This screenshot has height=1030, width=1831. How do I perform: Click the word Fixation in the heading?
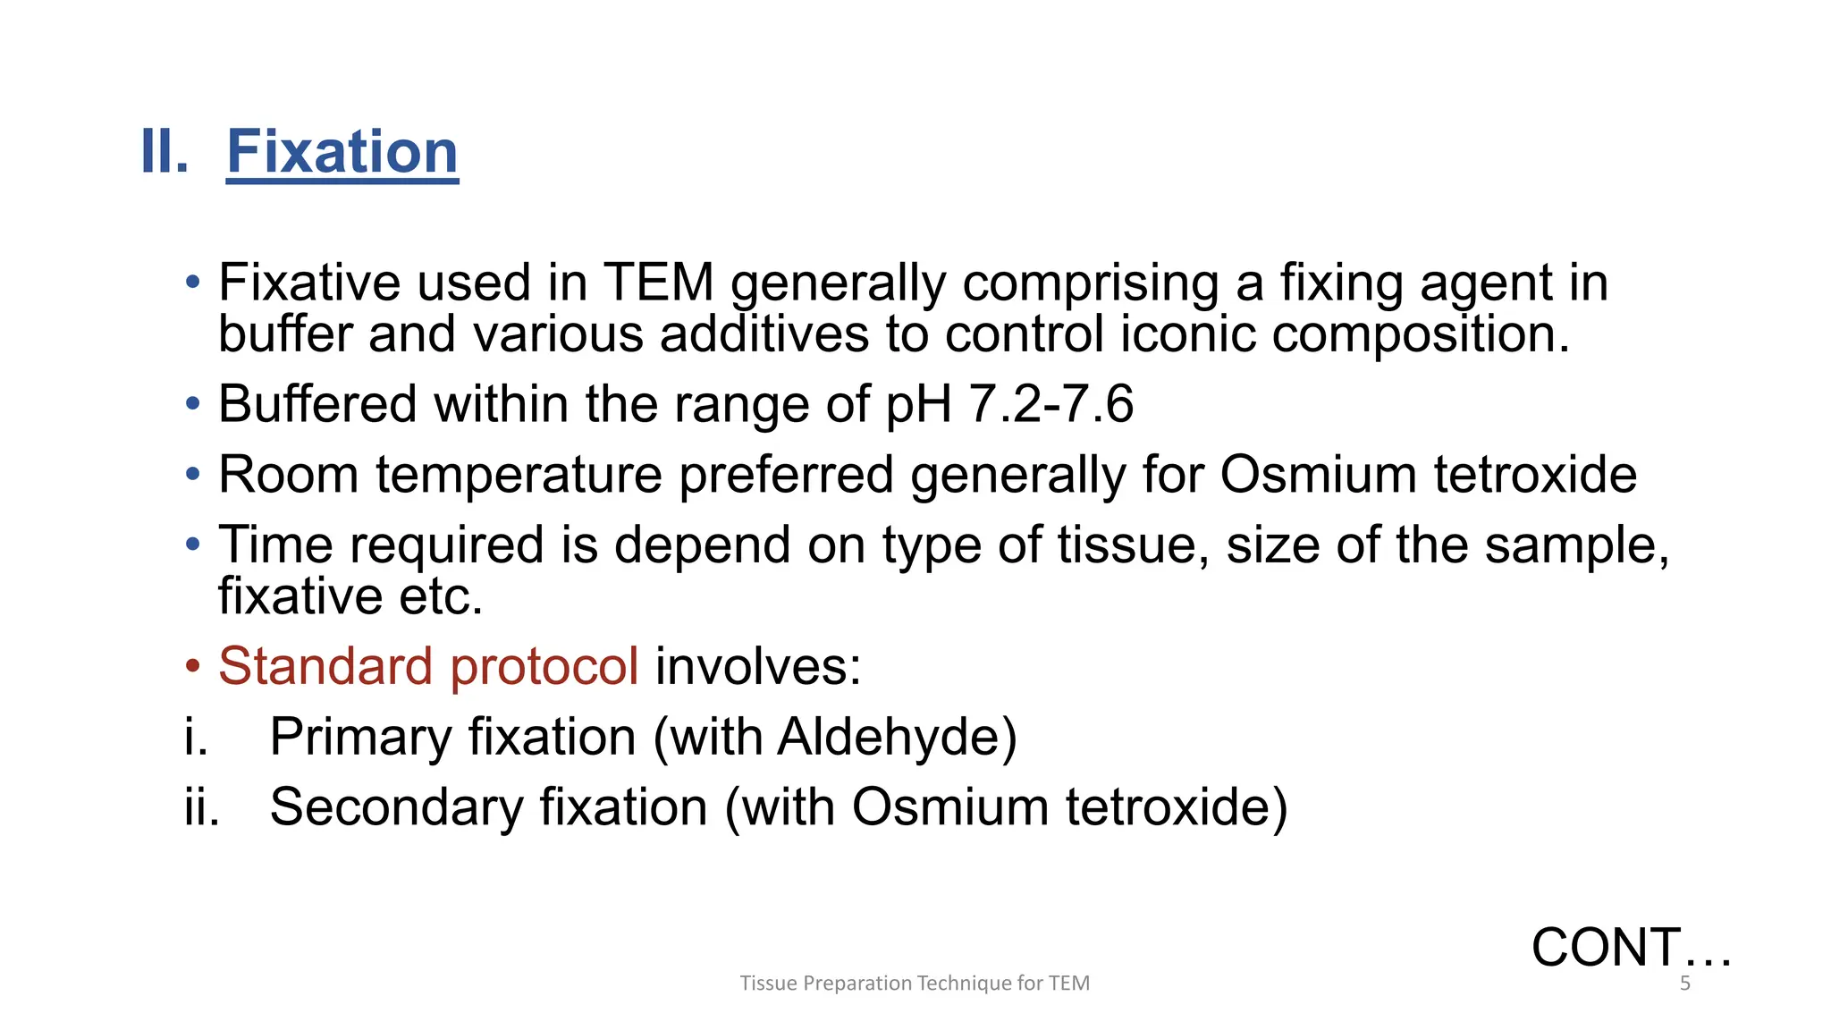click(342, 152)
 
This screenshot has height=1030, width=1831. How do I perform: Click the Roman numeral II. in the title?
click(165, 152)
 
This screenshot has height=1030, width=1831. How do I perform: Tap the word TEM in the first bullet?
click(658, 283)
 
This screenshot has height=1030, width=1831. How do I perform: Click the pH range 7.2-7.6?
click(1051, 404)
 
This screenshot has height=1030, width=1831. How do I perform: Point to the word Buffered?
click(317, 404)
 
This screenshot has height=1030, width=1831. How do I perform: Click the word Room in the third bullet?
click(288, 474)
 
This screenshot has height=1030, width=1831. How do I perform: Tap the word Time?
click(276, 545)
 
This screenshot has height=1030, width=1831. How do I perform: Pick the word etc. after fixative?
click(441, 596)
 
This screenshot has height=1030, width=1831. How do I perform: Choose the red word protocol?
click(544, 667)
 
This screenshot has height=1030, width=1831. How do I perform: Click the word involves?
click(758, 667)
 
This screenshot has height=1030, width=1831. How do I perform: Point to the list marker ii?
click(202, 807)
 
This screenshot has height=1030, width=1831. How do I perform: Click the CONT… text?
click(1632, 948)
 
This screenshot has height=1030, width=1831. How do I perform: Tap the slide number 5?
click(1685, 984)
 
